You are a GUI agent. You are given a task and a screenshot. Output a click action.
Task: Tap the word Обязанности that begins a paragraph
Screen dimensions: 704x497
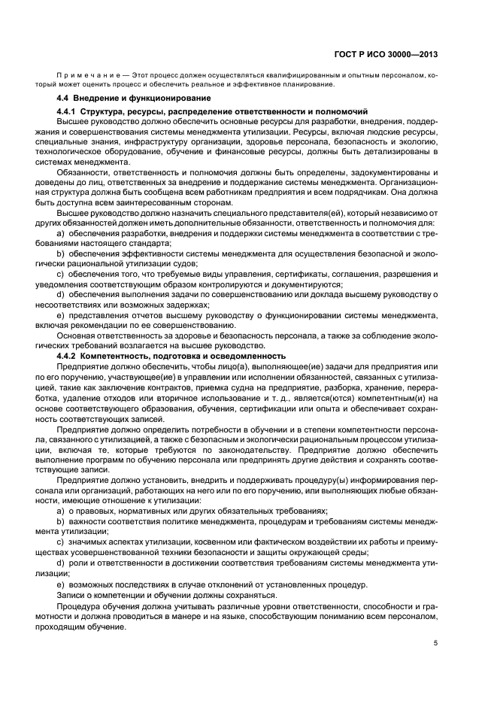pyautogui.click(x=84, y=171)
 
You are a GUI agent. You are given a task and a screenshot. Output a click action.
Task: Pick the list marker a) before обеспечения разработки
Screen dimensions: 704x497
pyautogui.click(x=61, y=234)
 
